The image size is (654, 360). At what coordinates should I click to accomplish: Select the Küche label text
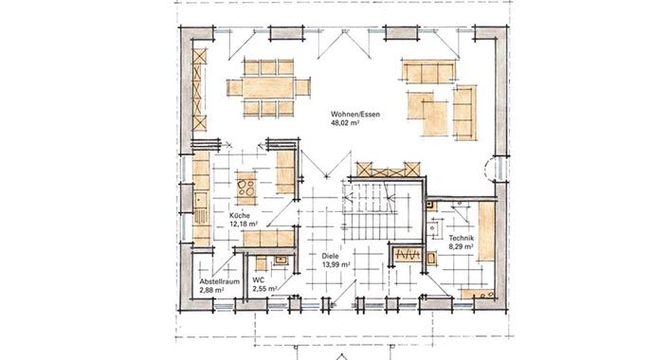239,216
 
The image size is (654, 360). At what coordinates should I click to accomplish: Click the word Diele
330,257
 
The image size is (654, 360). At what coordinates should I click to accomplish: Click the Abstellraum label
216,282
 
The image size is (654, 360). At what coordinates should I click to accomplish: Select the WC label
258,281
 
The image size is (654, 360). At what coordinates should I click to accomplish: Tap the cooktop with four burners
245,187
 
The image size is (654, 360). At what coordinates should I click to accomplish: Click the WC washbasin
281,258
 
